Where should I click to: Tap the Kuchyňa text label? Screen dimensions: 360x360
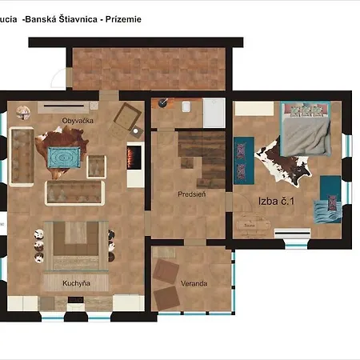click(76, 283)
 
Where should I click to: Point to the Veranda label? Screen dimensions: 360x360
click(194, 283)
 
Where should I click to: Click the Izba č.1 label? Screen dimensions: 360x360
click(276, 202)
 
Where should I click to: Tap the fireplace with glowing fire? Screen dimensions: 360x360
click(134, 157)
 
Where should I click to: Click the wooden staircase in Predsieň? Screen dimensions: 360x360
click(200, 152)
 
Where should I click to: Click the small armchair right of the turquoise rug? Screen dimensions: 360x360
click(97, 165)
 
